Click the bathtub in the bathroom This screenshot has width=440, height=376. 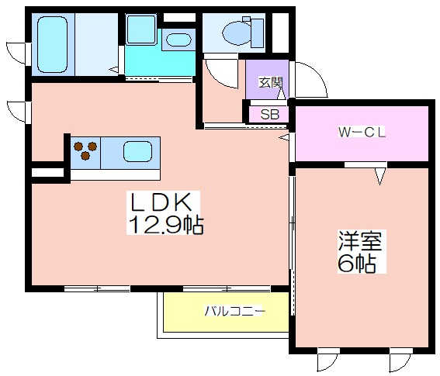pos(53,44)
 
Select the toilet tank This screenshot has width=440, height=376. pos(258,33)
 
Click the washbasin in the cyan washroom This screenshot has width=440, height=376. pos(178,40)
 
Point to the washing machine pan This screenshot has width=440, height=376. pos(141,29)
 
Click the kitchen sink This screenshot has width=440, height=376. pos(137,152)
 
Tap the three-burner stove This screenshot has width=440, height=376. pos(85,150)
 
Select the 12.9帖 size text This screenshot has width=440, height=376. pos(165,225)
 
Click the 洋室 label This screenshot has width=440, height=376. pos(360,240)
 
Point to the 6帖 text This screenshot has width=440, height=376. pos(357,264)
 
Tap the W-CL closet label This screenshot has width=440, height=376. pos(362,132)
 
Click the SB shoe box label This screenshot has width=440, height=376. pos(270,114)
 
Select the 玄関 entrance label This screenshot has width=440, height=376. pos(270,82)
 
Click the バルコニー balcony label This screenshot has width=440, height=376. pos(234,311)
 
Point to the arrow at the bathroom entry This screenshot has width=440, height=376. pos(114,69)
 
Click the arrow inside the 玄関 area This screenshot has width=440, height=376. pos(281,93)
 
